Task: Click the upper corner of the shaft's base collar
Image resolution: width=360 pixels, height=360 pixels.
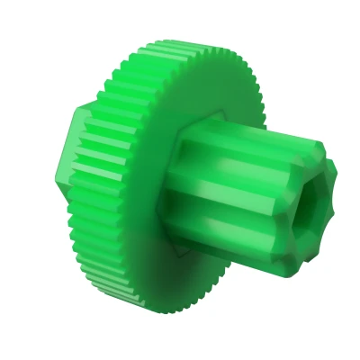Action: pyautogui.click(x=222, y=115)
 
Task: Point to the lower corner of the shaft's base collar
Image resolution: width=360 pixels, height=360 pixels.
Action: pyautogui.click(x=176, y=256)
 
